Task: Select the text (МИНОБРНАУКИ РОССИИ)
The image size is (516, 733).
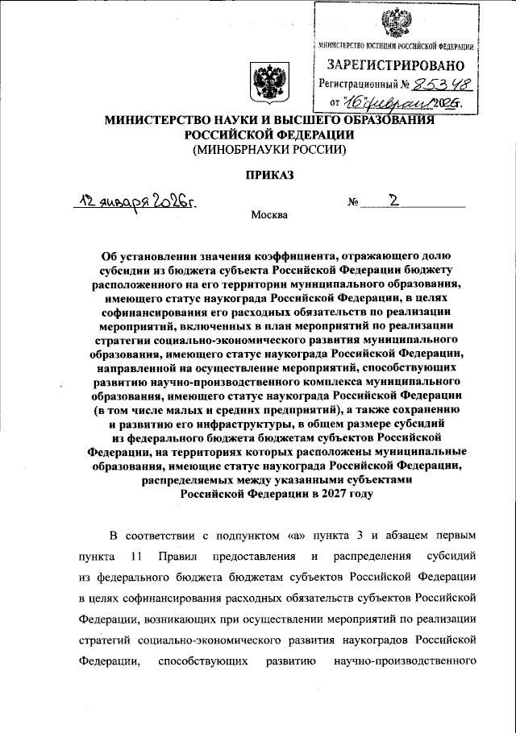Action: point(267,149)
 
